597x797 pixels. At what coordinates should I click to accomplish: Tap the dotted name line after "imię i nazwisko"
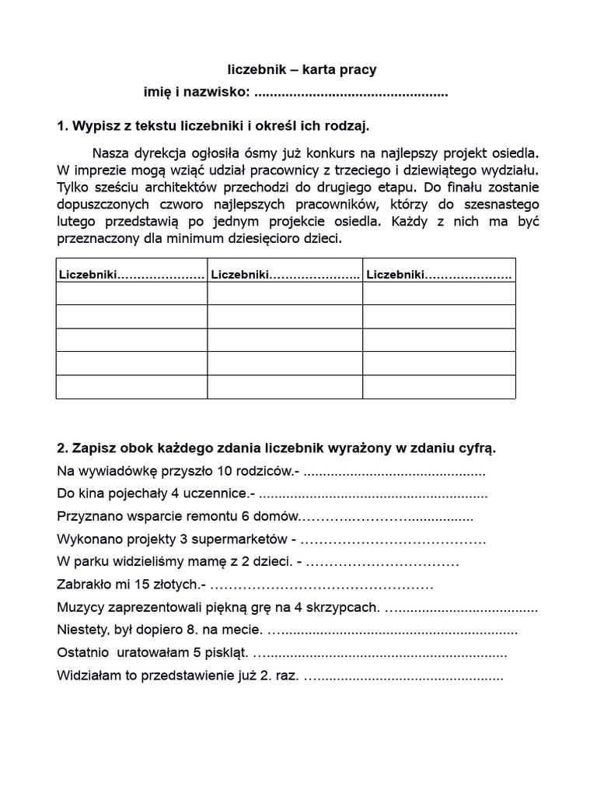pyautogui.click(x=351, y=93)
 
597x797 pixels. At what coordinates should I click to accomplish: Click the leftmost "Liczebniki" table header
pyautogui.click(x=86, y=275)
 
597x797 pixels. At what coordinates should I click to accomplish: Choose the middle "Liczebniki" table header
pyautogui.click(x=240, y=275)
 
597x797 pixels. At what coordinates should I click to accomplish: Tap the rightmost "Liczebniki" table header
pyautogui.click(x=395, y=275)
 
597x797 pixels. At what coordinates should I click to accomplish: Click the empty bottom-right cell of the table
pyautogui.click(x=438, y=387)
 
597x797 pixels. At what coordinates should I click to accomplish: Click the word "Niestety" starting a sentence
pyautogui.click(x=82, y=630)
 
